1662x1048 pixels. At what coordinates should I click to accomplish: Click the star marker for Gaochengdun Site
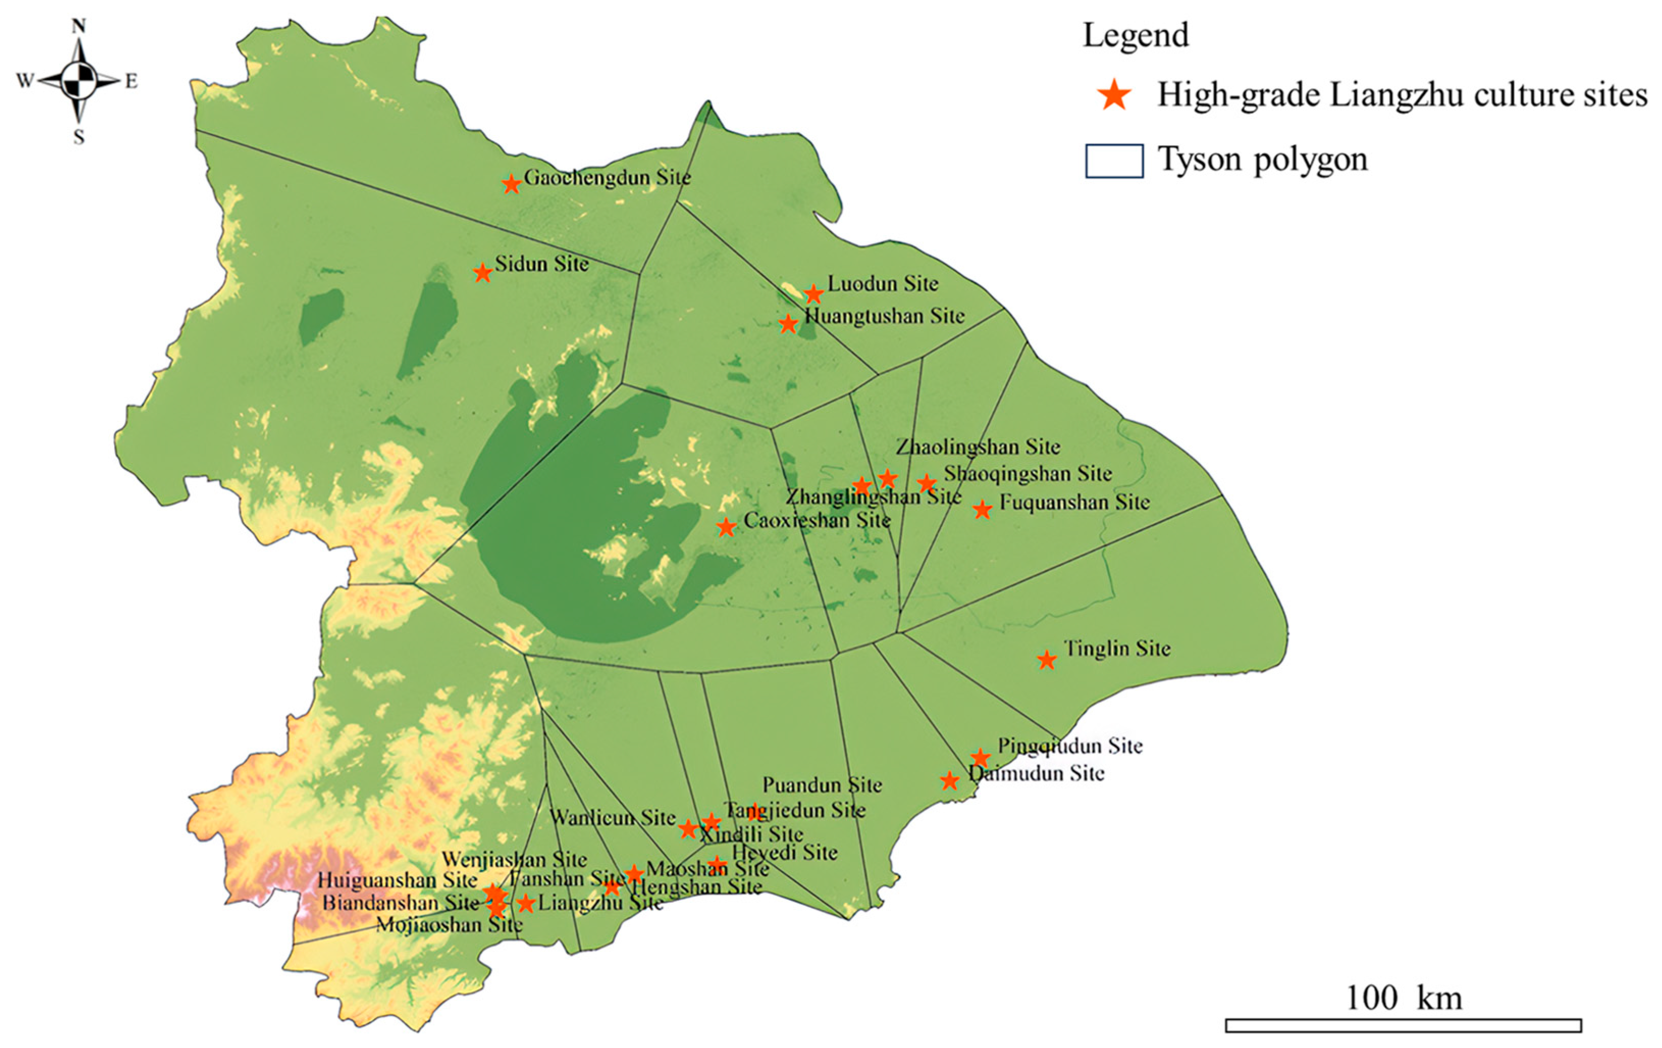click(511, 185)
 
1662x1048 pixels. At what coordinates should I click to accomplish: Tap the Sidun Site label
click(542, 264)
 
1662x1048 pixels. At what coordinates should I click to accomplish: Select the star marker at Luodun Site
click(814, 294)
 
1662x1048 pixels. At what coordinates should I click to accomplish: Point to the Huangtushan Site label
click(885, 316)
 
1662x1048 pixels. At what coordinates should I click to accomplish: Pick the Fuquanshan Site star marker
click(982, 510)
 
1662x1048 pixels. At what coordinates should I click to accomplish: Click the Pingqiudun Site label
click(1070, 746)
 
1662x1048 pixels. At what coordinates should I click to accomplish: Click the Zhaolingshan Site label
click(978, 447)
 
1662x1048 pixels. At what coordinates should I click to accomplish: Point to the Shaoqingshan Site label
click(1027, 474)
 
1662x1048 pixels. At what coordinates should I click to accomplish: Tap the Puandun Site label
click(822, 785)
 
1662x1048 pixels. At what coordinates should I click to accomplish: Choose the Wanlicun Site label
click(612, 818)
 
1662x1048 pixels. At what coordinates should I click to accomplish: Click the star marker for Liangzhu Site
click(526, 903)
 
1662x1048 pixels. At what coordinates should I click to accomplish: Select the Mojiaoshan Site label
click(449, 925)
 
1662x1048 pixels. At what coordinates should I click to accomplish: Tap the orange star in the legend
click(1115, 95)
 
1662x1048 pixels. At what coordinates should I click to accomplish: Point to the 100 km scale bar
click(1403, 1025)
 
